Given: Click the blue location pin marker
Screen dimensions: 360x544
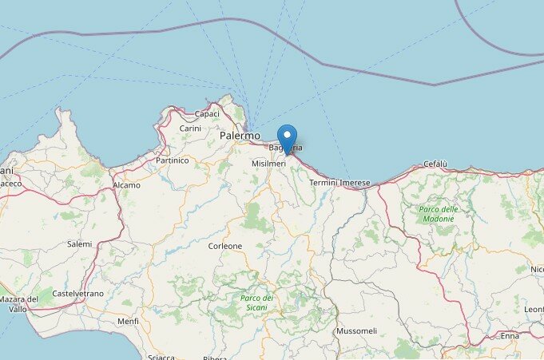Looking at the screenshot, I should tap(287, 137).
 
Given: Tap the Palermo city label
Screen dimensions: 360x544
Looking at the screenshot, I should tap(240, 137).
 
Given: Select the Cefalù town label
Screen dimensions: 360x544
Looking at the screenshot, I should tap(435, 164).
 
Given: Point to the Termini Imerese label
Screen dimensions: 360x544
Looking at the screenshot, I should tap(340, 183).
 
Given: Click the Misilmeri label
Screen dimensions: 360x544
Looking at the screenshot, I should tap(269, 163).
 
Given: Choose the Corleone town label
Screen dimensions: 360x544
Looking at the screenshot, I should tap(225, 246).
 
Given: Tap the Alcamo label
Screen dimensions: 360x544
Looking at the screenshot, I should tap(126, 185).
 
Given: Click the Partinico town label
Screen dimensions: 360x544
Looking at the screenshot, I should tap(172, 160).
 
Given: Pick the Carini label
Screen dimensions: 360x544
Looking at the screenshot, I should tap(190, 129).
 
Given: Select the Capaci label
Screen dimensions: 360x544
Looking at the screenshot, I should tap(207, 113).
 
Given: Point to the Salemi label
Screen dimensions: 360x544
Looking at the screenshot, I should tap(79, 244).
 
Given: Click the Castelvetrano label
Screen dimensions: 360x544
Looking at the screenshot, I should tap(77, 294).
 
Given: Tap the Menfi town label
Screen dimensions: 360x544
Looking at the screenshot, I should tap(128, 322).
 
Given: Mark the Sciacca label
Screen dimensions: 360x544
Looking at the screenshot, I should tap(161, 355).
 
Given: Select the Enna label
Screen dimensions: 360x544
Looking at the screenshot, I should tap(510, 336).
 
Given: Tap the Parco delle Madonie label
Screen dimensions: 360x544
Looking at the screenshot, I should tap(439, 214).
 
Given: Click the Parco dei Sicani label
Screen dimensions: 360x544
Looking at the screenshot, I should tap(257, 303).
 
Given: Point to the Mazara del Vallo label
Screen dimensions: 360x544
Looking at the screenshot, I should tap(13, 304).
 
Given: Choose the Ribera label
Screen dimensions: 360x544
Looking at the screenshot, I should tap(215, 358).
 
